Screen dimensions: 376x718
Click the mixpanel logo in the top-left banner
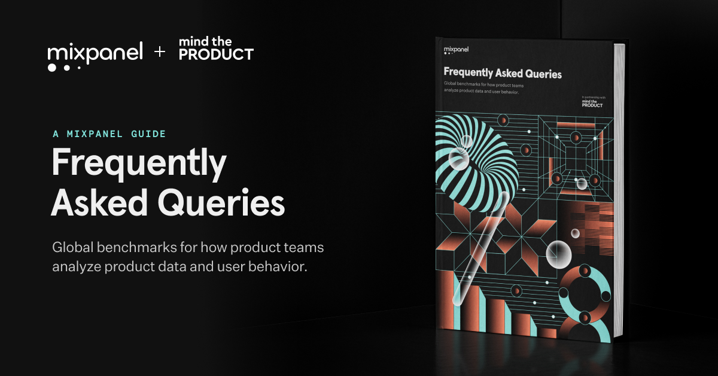95,54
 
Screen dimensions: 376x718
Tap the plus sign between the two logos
160,53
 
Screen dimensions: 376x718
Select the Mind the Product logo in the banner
216,48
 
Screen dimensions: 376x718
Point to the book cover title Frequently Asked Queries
503,74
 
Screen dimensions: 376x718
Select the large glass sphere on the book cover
559,254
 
